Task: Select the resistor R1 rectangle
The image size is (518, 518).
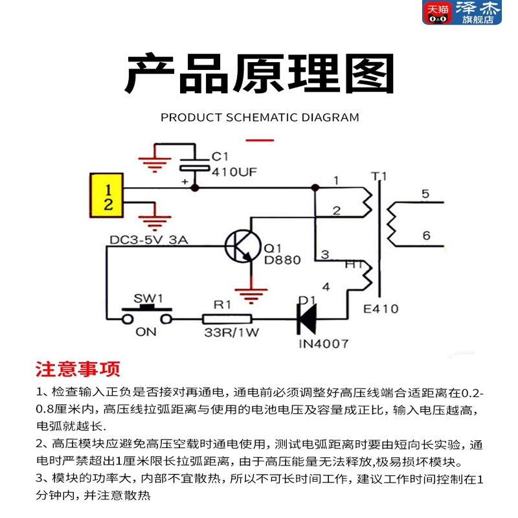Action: click(227, 319)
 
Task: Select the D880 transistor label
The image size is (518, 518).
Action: click(283, 260)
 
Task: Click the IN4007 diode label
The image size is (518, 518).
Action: click(323, 343)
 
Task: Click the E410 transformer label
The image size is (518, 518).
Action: click(381, 309)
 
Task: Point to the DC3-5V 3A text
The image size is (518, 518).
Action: click(148, 240)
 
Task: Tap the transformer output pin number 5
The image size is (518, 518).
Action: click(425, 194)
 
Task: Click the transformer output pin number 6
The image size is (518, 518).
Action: click(425, 236)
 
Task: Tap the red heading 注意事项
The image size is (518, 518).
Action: click(78, 369)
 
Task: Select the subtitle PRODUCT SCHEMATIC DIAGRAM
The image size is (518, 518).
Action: click(259, 117)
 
